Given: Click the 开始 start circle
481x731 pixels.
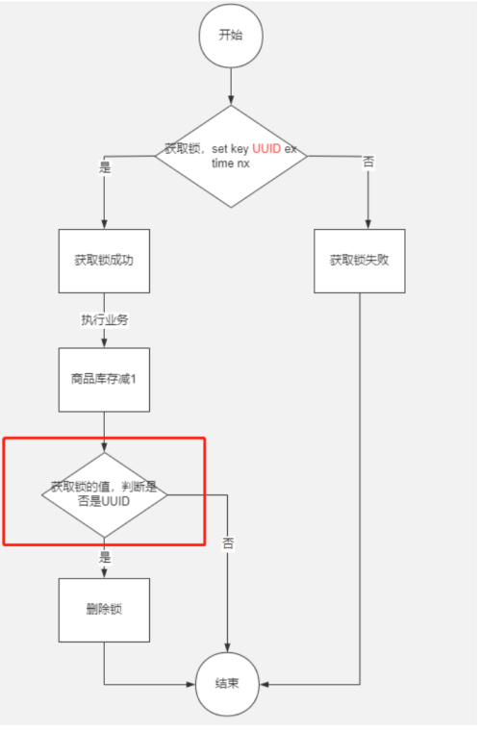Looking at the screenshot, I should pos(231,35).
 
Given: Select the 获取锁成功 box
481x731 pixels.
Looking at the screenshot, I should pos(104,260).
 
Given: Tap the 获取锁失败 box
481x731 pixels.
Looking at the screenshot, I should pos(359,260).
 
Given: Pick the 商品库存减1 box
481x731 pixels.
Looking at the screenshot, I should pos(104,379).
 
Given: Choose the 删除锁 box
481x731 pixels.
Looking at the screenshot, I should pos(104,610).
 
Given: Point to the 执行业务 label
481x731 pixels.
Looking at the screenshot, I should pos(104,319).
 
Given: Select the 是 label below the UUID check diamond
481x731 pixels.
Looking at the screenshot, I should pos(104,556).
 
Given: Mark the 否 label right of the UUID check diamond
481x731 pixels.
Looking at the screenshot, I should pos(228,542).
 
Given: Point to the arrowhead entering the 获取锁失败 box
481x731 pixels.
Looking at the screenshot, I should pos(360,224).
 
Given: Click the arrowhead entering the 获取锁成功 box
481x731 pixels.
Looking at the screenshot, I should pos(104,224).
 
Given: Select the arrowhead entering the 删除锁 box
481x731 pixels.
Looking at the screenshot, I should pos(104,573).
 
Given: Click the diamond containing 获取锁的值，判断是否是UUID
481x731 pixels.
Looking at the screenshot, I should pos(104,493).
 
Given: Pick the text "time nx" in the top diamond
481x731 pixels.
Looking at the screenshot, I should pos(231,164).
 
